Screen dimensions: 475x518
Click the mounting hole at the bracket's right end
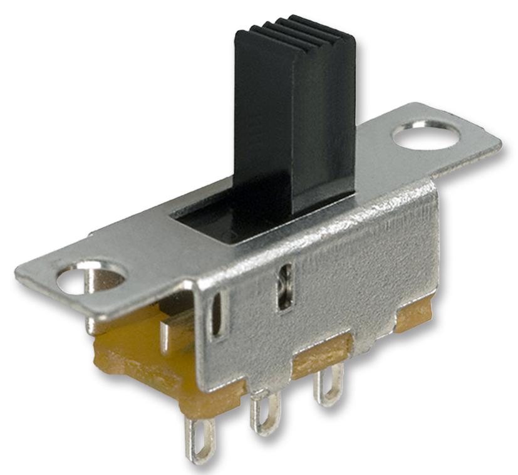click(x=426, y=135)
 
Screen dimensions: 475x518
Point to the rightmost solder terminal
click(x=328, y=385)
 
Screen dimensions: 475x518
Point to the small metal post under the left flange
click(x=164, y=335)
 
